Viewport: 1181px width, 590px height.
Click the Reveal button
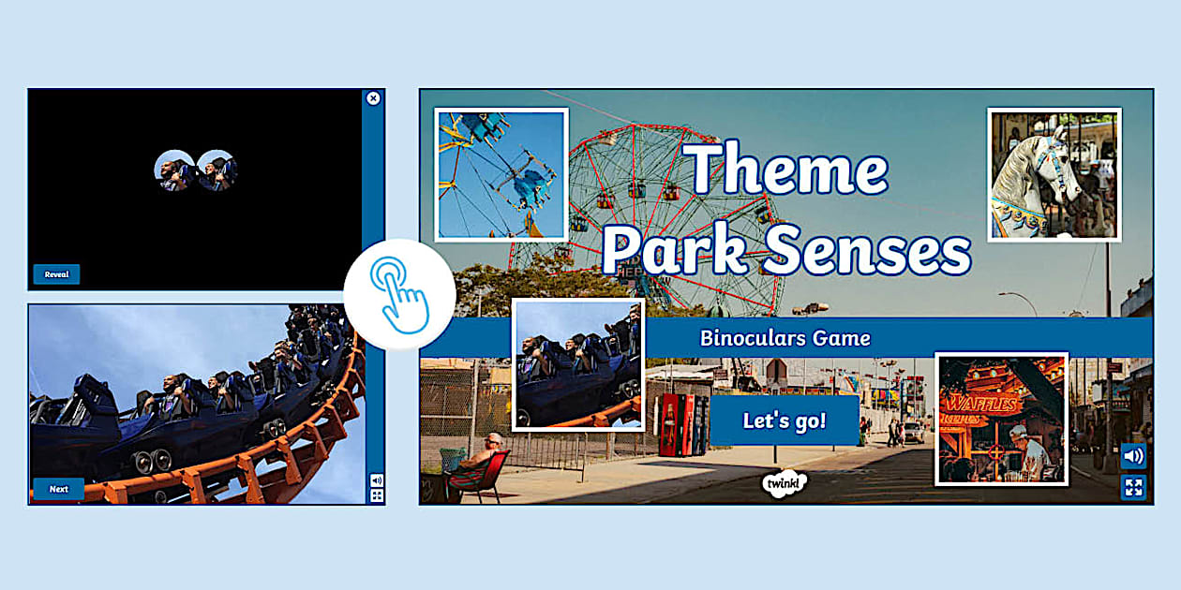coord(56,274)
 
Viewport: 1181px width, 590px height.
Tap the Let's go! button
coord(785,420)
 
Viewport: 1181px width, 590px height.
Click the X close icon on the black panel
coord(373,98)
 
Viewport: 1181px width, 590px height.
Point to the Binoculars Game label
coord(785,338)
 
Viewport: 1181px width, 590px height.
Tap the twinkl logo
coord(785,484)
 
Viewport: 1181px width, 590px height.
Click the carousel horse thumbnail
coord(1054,175)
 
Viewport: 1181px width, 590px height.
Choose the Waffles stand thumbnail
coord(1001,419)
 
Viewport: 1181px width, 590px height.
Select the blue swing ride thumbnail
coord(501,175)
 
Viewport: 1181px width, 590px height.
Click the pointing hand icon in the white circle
coord(399,294)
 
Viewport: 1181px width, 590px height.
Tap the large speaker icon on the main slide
coord(1133,457)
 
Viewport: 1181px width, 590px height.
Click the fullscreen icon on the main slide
coord(1133,487)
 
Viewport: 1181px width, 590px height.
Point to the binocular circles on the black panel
coord(195,170)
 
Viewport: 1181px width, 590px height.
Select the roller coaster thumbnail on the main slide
coord(578,364)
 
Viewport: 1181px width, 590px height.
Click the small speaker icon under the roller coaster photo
coord(377,479)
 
